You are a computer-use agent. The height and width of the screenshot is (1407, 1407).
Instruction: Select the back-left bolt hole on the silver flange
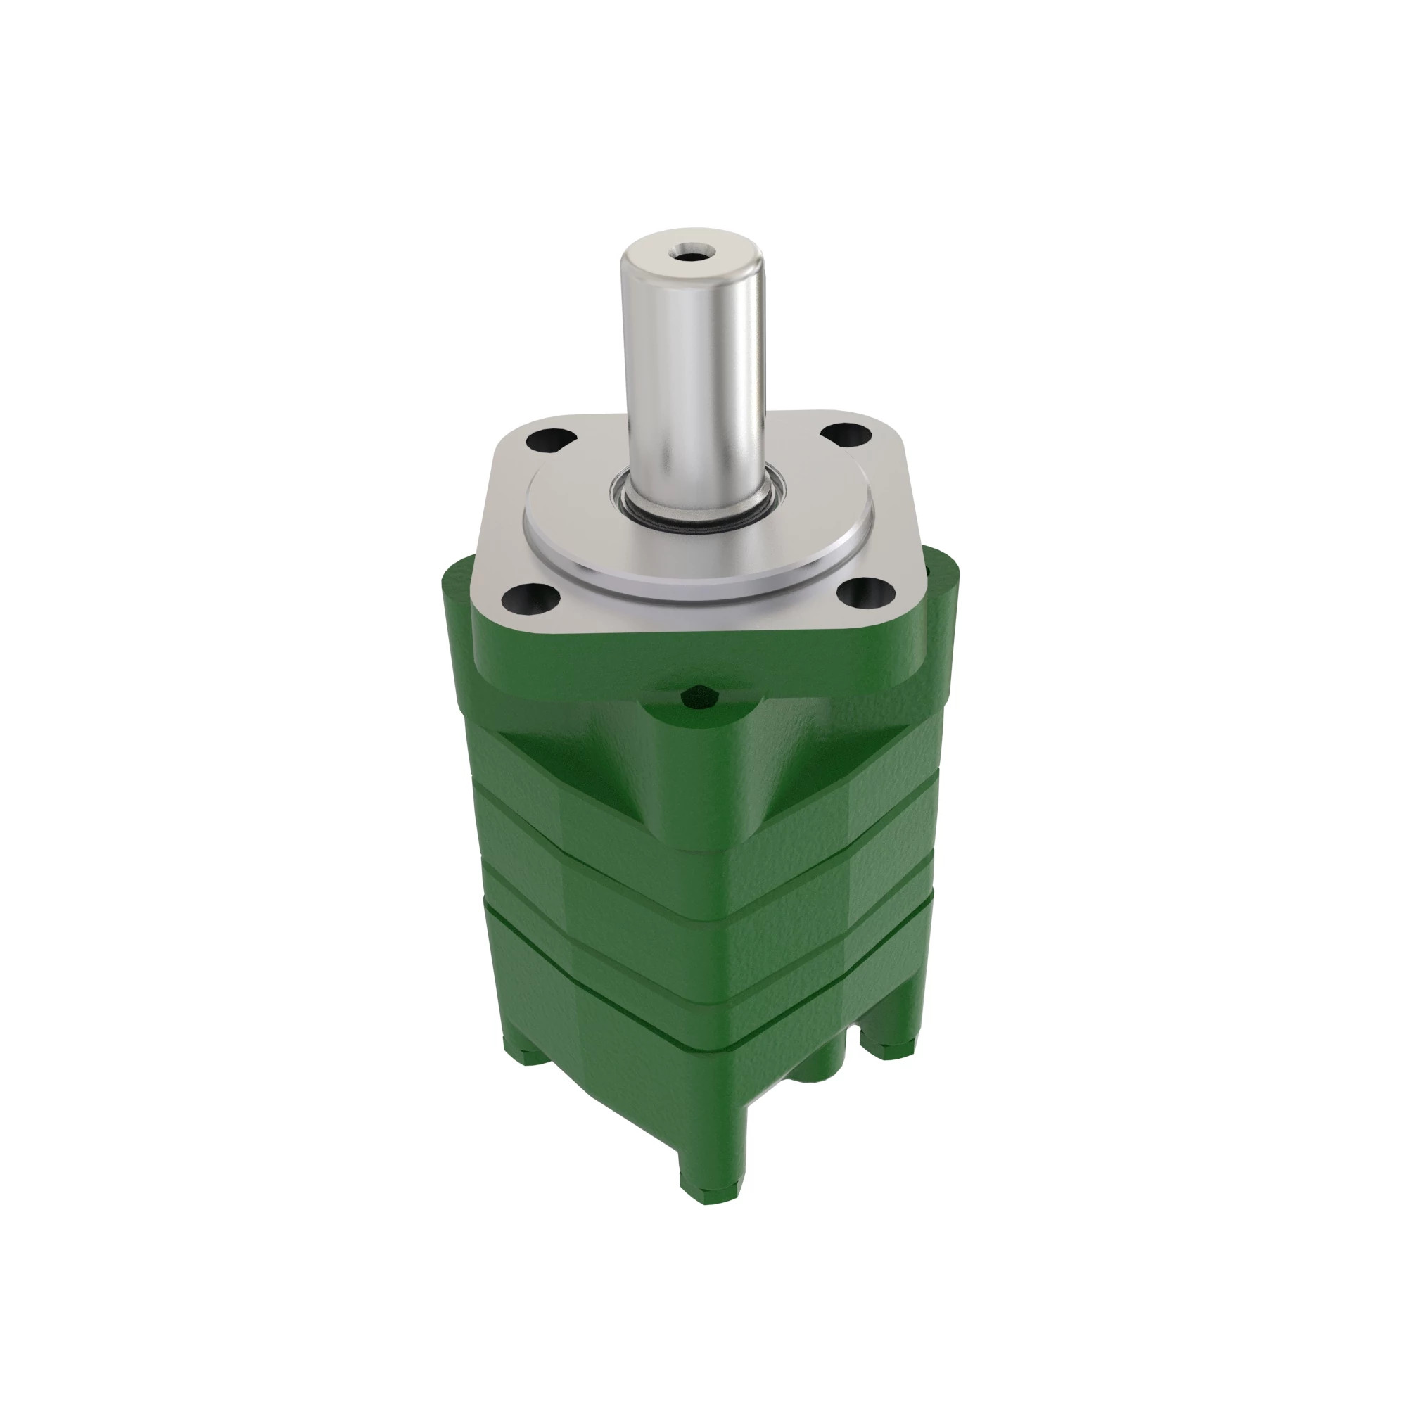click(x=551, y=439)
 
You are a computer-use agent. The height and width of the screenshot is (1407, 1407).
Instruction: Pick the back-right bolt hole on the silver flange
click(x=846, y=435)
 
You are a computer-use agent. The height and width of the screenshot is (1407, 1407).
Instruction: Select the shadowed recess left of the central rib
click(x=582, y=765)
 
